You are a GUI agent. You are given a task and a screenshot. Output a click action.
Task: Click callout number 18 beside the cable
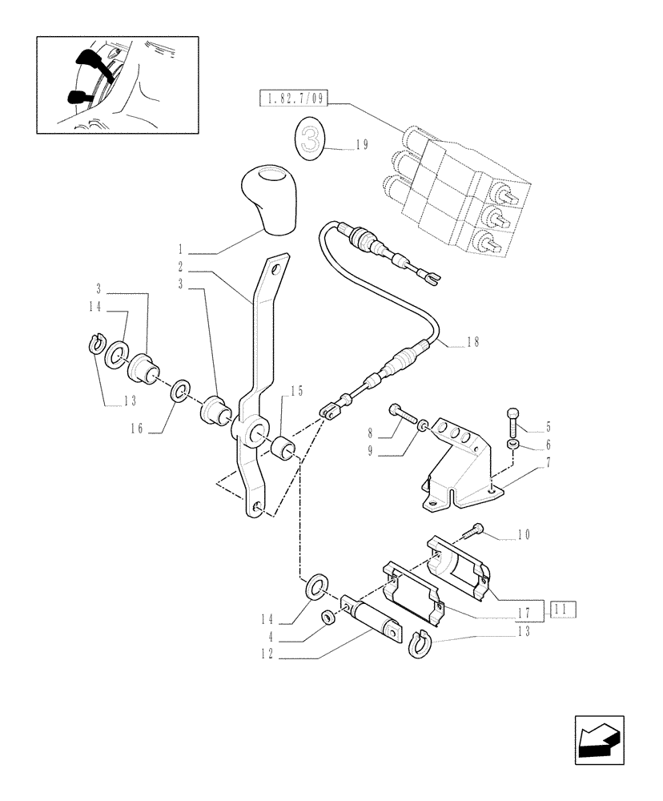(472, 343)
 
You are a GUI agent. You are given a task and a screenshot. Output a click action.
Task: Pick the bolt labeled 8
(404, 415)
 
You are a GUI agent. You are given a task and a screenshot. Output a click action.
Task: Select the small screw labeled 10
(476, 529)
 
